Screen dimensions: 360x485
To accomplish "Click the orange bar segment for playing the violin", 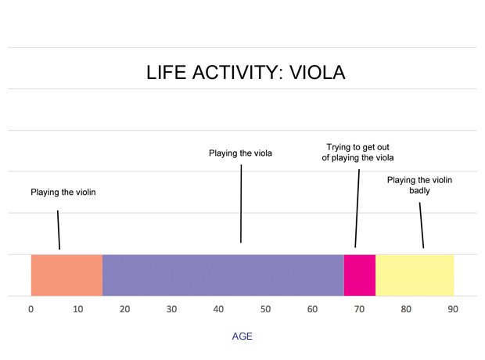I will point(66,275).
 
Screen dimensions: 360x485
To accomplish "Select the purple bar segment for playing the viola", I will point(223,275).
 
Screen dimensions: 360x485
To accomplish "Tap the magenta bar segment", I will point(360,275).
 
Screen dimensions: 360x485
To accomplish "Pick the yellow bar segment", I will point(415,275).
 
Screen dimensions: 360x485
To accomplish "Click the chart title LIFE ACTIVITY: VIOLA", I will point(246,73).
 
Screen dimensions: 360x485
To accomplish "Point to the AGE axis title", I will point(242,337).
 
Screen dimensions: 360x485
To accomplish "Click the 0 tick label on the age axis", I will point(31,309).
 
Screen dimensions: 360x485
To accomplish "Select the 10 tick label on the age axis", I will point(78,309).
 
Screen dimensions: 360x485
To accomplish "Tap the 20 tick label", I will point(125,309).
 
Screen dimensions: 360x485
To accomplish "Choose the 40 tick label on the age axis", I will point(219,309).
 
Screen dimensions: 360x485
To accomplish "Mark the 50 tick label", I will point(266,309).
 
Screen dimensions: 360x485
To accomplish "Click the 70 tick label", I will point(360,309).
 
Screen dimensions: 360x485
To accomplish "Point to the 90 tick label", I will point(453,309).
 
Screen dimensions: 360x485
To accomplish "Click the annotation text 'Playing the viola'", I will point(240,153).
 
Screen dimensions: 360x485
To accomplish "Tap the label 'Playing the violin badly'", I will point(419,185).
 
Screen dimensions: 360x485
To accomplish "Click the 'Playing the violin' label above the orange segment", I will point(63,192).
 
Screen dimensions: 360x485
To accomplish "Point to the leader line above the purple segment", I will point(241,203).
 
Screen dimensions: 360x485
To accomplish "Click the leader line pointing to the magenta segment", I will point(357,207).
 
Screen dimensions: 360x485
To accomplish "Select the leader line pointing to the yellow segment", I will point(422,225).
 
